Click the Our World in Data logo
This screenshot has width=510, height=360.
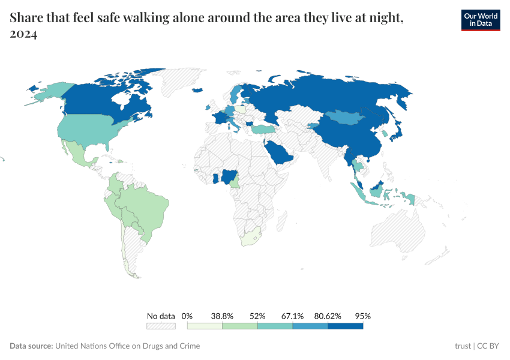480,20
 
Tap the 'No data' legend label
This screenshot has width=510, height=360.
161,316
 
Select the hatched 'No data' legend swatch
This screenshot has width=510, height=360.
161,326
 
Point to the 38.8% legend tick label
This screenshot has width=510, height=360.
222,316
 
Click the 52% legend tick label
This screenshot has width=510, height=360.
257,316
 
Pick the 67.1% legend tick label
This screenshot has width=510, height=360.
293,316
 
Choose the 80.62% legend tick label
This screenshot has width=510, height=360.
328,316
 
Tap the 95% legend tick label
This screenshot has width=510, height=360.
363,316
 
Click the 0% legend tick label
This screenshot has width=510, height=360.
187,316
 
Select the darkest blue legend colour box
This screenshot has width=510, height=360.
346,326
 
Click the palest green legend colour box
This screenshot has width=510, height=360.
205,326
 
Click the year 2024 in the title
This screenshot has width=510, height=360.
24,35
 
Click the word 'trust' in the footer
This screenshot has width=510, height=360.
463,346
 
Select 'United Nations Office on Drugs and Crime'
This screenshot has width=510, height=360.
128,346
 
